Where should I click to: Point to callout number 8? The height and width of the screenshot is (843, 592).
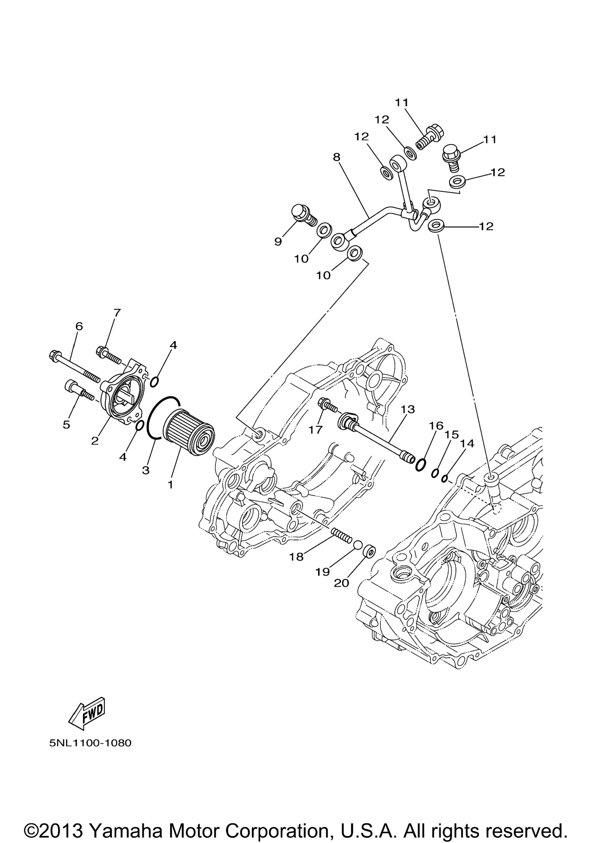coord(336,157)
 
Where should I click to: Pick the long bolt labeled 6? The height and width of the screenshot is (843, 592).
coord(74,366)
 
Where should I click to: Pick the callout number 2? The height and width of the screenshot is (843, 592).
coord(95,441)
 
